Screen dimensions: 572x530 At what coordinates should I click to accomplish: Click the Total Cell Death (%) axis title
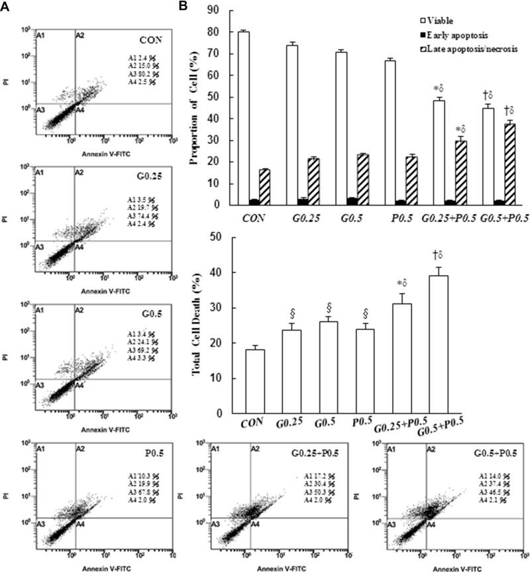197,325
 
